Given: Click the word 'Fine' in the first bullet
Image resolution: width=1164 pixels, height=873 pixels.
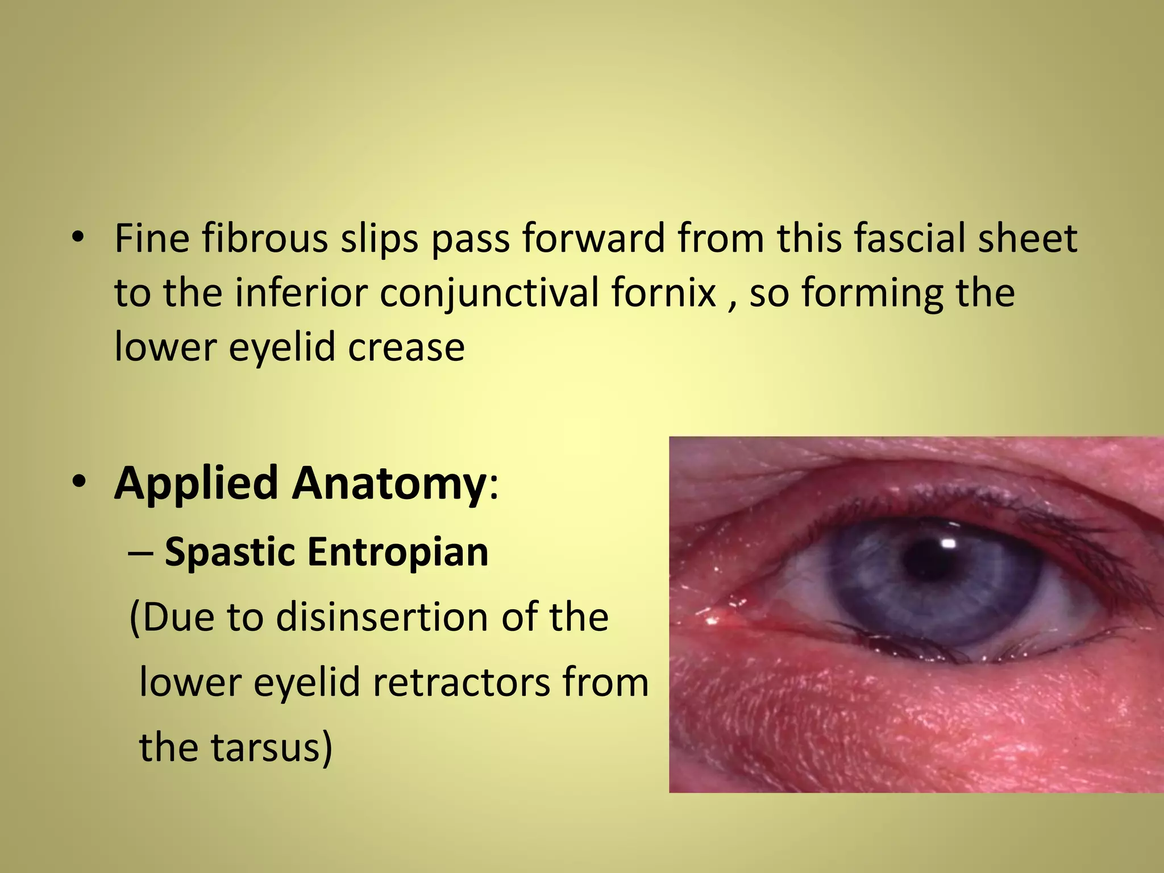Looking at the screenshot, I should [x=152, y=239].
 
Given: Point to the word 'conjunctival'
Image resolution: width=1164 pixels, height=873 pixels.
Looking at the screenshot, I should [x=490, y=293].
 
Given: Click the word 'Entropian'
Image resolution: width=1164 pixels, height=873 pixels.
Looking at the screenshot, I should [x=398, y=552].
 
